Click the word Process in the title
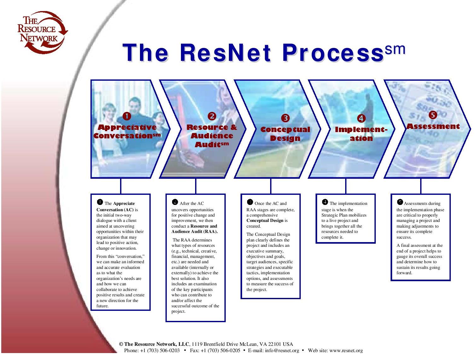point(333,53)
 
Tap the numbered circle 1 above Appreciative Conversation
point(127,116)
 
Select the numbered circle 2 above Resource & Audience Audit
point(212,116)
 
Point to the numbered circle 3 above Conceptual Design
point(285,118)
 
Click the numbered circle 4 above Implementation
point(361,118)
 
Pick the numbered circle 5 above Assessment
point(433,115)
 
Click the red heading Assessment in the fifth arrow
point(433,126)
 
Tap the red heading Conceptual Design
point(285,134)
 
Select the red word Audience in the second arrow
point(212,136)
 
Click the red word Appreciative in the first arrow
point(127,127)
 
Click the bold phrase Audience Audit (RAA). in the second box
point(194,232)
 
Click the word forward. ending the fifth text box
point(404,273)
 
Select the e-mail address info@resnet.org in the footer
point(282,351)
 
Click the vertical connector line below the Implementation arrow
point(346,186)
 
